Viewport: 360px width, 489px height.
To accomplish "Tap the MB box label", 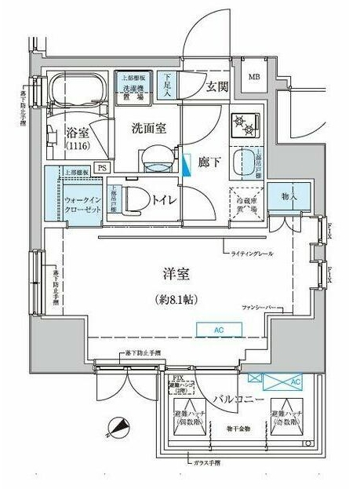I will point(256,76).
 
